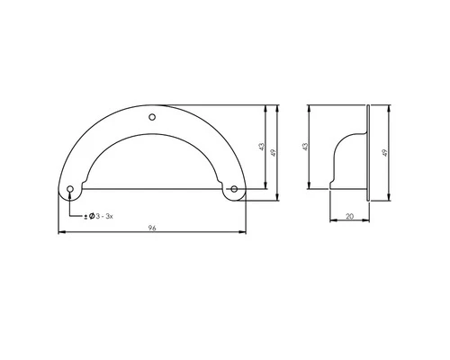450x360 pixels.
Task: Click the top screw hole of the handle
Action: click(x=151, y=117)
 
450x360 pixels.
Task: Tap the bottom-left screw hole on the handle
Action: click(x=70, y=189)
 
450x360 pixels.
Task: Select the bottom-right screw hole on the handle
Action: click(x=233, y=189)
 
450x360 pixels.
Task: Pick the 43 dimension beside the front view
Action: click(x=260, y=147)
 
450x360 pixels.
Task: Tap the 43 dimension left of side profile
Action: click(x=305, y=146)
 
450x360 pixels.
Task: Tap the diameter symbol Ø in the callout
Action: click(x=91, y=217)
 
